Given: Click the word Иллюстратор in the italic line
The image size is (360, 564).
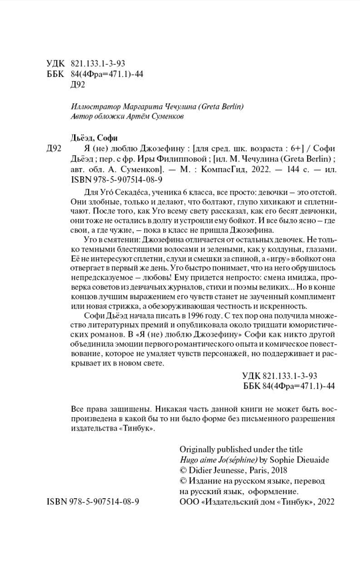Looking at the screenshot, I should (90, 108).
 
